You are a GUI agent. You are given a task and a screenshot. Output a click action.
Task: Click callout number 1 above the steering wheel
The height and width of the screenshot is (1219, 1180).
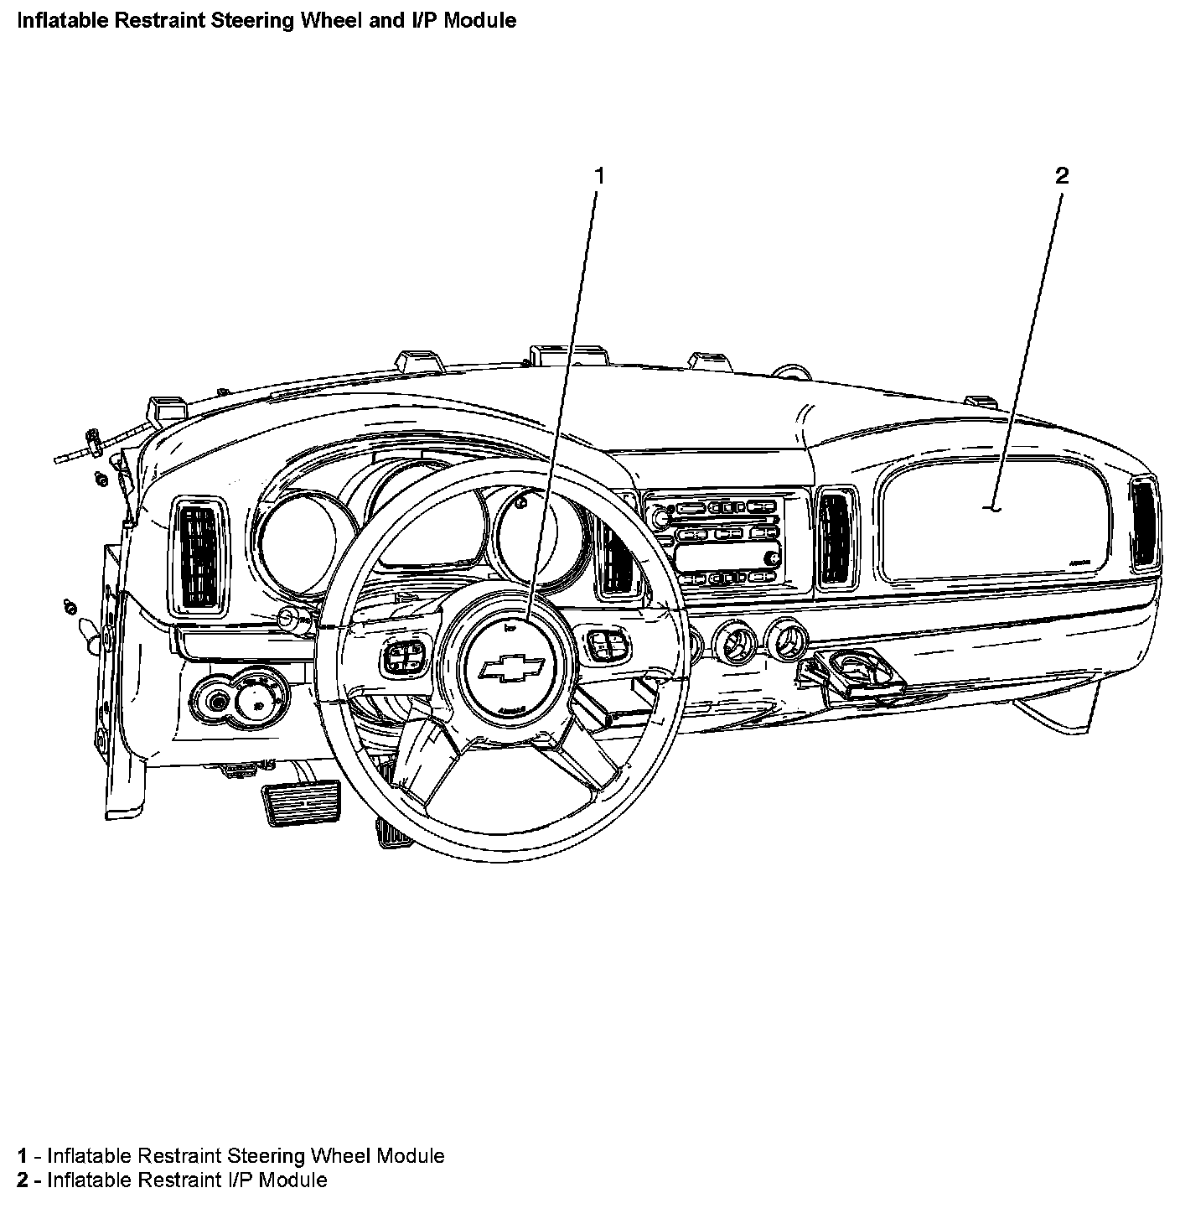click(598, 175)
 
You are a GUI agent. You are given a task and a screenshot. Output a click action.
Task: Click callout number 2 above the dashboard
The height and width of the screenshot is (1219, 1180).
click(1062, 175)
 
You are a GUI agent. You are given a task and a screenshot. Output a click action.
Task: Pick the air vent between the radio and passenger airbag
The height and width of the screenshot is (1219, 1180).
click(836, 536)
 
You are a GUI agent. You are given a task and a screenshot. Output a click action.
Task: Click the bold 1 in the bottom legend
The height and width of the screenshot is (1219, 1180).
click(23, 1156)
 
